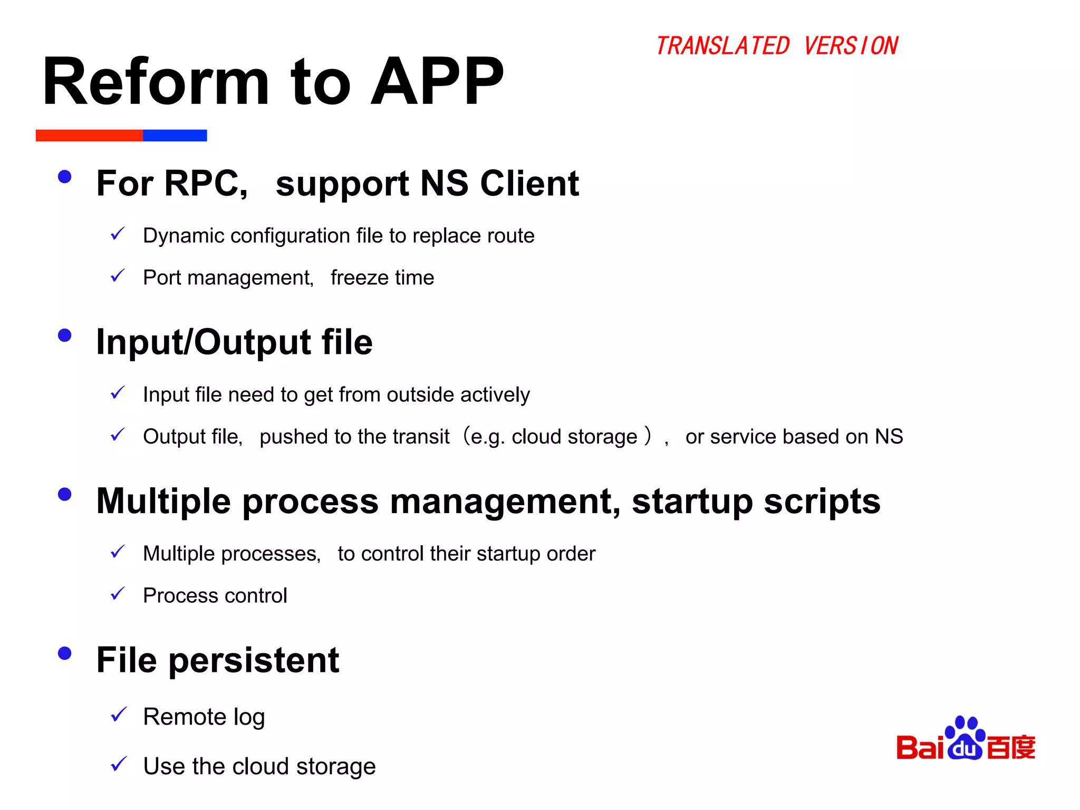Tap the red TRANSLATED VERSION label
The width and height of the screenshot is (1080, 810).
click(x=776, y=46)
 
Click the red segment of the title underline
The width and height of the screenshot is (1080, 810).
click(x=89, y=136)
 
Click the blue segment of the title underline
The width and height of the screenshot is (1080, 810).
click(x=175, y=136)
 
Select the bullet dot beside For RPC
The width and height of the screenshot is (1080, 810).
click(x=64, y=177)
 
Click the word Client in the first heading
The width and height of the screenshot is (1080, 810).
click(x=529, y=184)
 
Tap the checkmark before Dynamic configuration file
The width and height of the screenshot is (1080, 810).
click(x=118, y=234)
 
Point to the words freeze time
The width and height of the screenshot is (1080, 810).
click(x=382, y=278)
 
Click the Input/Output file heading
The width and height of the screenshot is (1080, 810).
click(x=234, y=342)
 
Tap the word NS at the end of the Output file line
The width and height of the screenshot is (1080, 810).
click(x=889, y=437)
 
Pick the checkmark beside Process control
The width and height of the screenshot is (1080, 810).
click(x=118, y=594)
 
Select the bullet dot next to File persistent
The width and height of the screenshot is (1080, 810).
click(x=64, y=653)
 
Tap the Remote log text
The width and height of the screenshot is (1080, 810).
click(x=204, y=717)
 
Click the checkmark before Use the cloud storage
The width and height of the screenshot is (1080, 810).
click(x=119, y=764)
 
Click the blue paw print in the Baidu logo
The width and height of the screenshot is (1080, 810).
click(x=965, y=738)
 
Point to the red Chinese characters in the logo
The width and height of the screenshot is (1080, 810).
click(x=1011, y=747)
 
